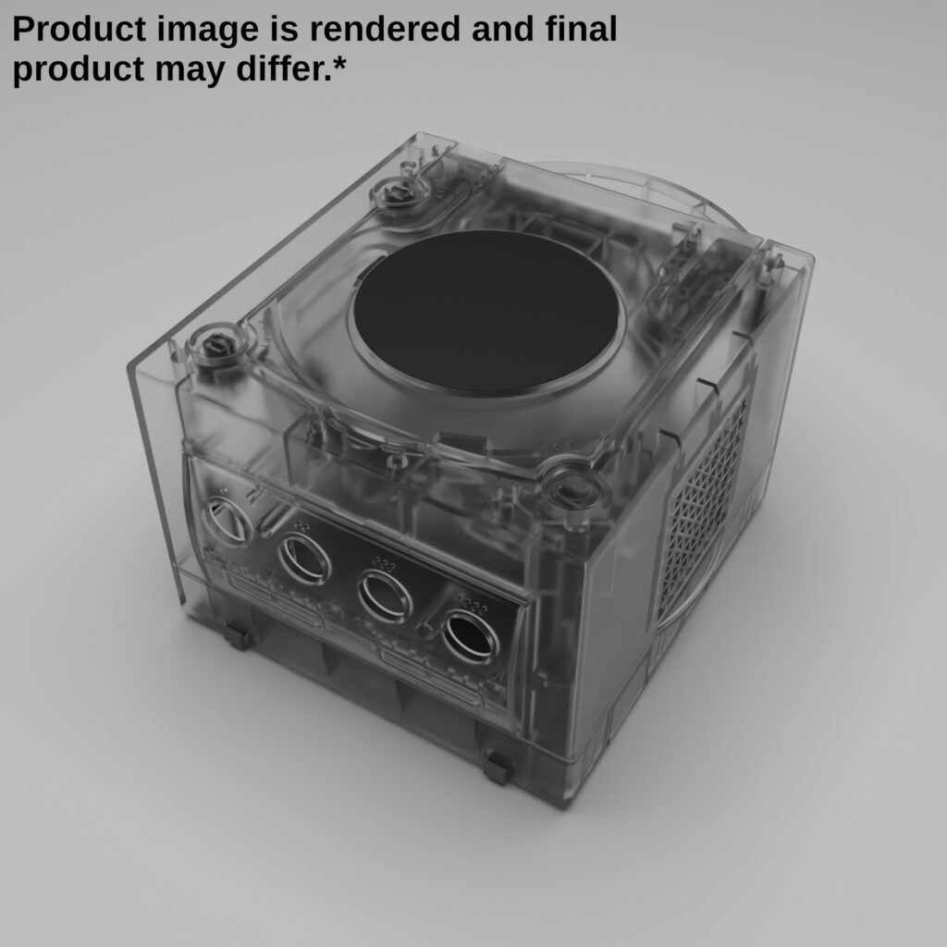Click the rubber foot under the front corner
497,767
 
